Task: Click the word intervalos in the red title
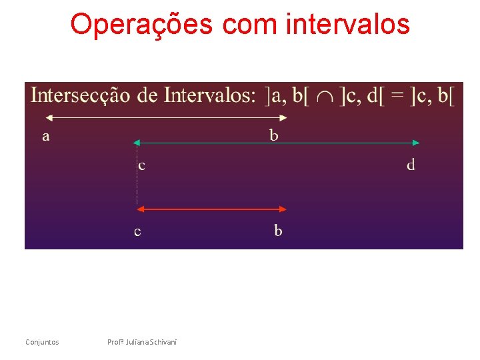tap(347, 25)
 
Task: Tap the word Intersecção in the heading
tap(80, 96)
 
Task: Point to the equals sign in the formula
tap(397, 97)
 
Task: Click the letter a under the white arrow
tap(45, 136)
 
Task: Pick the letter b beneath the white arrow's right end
tap(274, 135)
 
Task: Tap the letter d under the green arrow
tap(411, 164)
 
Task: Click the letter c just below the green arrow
tap(141, 165)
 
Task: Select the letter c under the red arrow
tap(137, 232)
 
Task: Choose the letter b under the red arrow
tap(278, 231)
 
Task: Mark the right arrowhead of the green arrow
tap(416, 143)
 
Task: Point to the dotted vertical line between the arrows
tap(137, 177)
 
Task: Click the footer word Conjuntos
tap(42, 342)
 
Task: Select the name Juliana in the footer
tap(135, 342)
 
